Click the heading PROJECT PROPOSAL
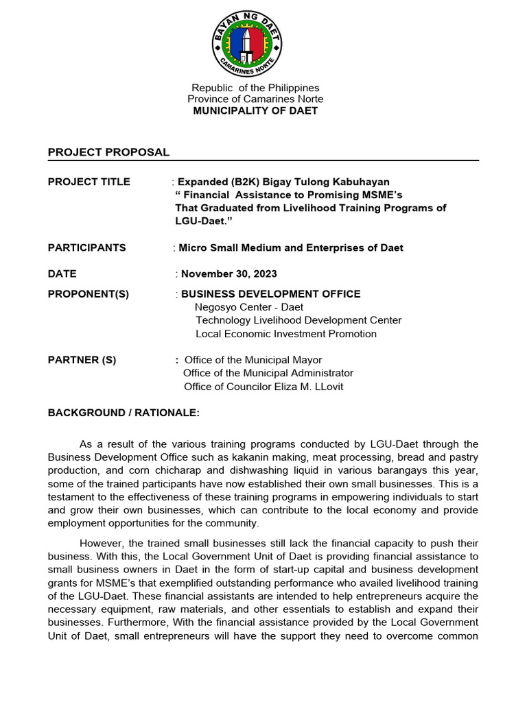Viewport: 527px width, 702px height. [108, 152]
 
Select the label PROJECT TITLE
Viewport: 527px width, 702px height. [89, 182]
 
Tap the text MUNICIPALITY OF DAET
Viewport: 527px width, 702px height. [255, 111]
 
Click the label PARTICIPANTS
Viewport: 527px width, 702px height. [86, 247]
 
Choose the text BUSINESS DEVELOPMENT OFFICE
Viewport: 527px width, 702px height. [270, 294]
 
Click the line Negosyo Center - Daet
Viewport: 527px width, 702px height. [249, 307]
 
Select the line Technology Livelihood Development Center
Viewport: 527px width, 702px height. [298, 320]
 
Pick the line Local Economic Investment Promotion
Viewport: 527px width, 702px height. [286, 334]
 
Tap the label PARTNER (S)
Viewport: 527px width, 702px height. [82, 360]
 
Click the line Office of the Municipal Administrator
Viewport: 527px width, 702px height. [268, 373]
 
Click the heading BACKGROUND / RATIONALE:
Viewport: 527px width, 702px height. [124, 413]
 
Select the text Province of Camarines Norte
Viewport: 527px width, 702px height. [255, 99]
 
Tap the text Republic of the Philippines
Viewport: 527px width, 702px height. [255, 88]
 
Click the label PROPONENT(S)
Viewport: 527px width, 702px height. [89, 294]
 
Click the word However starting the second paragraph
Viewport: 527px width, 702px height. [101, 543]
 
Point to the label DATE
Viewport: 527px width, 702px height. [62, 274]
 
